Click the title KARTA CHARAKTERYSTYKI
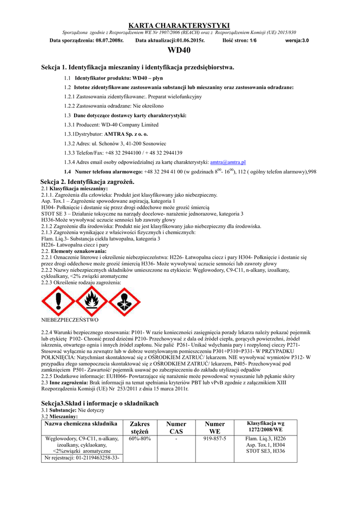coord(179,25)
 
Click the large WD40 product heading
coord(179,50)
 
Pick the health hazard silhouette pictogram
coord(124,301)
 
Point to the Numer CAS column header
coord(177,427)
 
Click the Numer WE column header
coord(215,427)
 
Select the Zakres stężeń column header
coord(140,427)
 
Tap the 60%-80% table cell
coord(140,439)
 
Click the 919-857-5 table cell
coord(215,439)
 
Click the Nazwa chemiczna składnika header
coord(81,424)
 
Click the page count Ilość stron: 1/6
coord(240,40)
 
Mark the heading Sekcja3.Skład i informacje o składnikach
coord(100,403)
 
